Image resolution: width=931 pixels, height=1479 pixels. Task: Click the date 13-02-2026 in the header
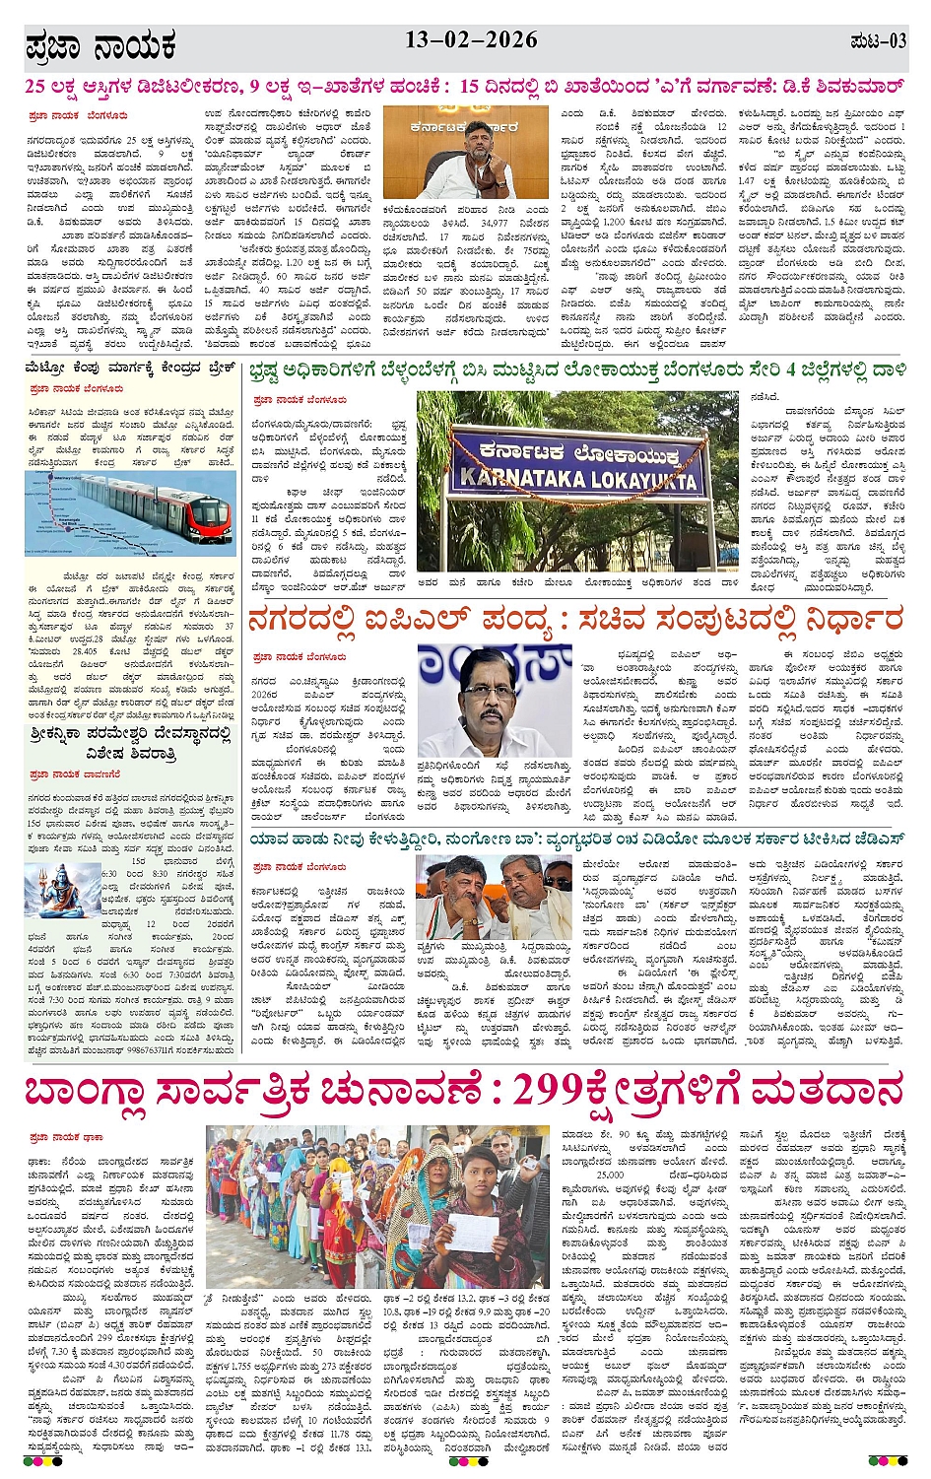point(471,40)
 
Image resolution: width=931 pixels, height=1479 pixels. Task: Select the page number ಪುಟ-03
point(877,41)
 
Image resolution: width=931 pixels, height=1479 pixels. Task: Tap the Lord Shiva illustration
point(58,892)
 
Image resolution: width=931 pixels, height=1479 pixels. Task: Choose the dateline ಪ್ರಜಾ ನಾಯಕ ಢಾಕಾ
point(67,1137)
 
